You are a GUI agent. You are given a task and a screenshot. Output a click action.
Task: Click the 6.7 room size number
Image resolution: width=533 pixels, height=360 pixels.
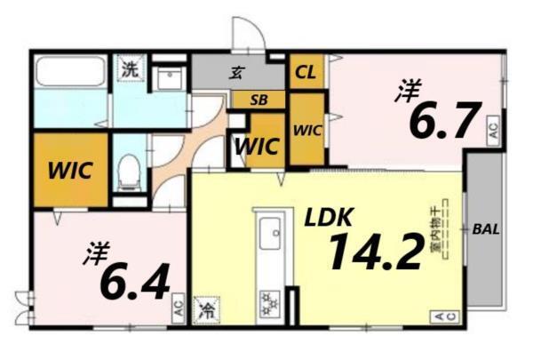tap(444, 122)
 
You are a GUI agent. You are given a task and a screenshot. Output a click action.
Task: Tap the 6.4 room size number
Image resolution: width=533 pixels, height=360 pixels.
tap(135, 284)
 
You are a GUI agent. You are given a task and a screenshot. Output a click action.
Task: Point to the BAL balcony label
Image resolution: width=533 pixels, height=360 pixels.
tap(485, 228)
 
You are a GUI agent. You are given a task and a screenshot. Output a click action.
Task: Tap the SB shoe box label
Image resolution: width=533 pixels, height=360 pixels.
tap(259, 100)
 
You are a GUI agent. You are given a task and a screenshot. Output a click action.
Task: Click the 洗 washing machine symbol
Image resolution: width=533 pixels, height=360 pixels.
tap(130, 68)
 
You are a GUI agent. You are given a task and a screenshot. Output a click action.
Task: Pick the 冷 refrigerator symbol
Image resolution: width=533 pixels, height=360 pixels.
tap(206, 312)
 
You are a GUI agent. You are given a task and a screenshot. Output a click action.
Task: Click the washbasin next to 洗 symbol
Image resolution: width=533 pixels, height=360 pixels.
tap(170, 78)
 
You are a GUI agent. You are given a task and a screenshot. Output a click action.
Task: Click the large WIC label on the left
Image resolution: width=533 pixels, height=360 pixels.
tap(70, 170)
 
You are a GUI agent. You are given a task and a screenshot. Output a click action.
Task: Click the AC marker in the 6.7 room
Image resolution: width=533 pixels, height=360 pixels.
tap(493, 132)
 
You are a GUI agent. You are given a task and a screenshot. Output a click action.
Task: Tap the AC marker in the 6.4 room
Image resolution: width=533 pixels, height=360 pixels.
tap(178, 310)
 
